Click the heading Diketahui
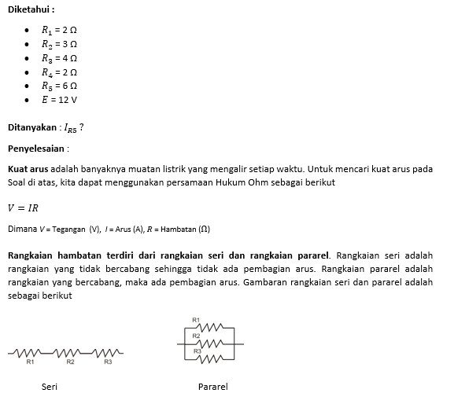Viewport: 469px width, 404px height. point(30,11)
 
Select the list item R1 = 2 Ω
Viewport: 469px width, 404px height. point(59,31)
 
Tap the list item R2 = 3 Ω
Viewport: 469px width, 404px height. point(59,44)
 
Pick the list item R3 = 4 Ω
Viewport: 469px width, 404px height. point(59,58)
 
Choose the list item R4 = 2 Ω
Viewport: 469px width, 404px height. point(59,72)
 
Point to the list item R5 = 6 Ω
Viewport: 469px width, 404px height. point(59,86)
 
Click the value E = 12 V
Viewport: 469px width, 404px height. point(59,100)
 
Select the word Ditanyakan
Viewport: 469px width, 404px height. point(31,127)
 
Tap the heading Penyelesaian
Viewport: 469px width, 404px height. point(37,148)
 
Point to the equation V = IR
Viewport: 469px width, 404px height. point(23,208)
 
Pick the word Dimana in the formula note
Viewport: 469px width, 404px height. point(21,229)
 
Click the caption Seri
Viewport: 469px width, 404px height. point(50,387)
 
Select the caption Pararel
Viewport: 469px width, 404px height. point(212,387)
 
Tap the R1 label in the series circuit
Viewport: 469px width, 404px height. point(30,362)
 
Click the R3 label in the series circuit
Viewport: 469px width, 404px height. point(108,362)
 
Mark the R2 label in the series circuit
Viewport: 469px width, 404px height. point(69,362)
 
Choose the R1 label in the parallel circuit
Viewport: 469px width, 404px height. point(196,319)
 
